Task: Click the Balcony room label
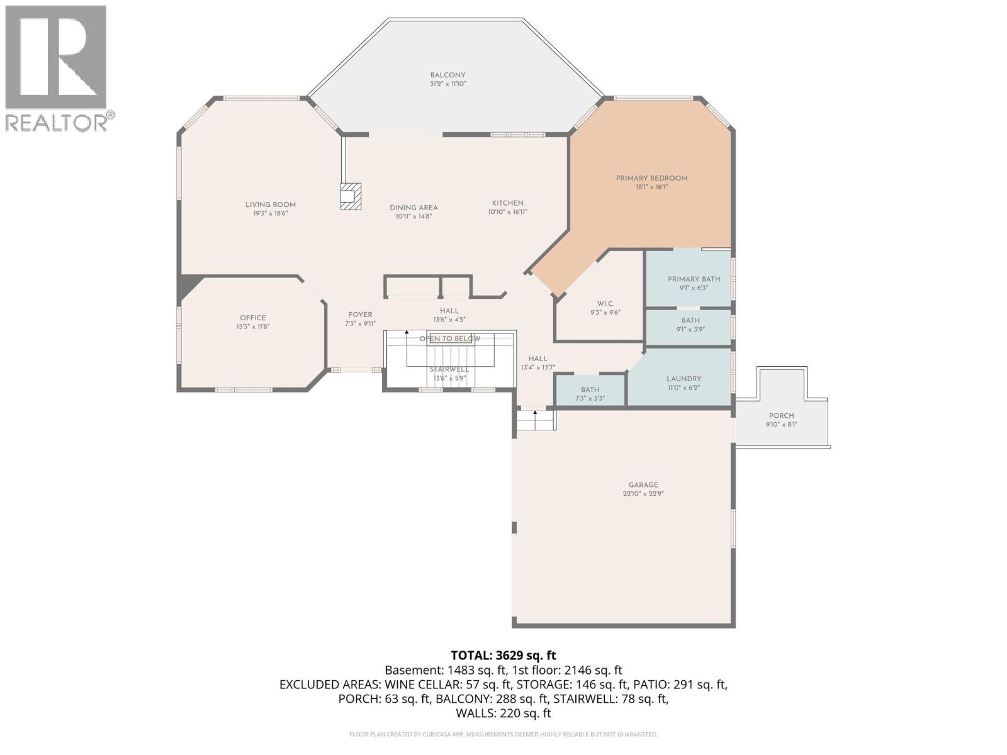pos(447,75)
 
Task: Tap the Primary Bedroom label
pos(651,178)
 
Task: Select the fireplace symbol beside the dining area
pos(351,196)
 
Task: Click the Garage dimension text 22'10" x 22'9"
pos(643,494)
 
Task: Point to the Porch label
pos(781,415)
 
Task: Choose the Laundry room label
pos(684,379)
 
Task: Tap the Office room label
pos(253,318)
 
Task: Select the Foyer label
pos(360,315)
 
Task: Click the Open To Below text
pos(449,338)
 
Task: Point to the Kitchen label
pos(507,203)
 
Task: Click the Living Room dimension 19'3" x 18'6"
pos(271,213)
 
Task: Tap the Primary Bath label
pos(694,279)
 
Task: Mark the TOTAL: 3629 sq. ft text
pos(503,656)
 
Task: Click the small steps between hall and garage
pos(536,420)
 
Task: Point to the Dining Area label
pos(413,208)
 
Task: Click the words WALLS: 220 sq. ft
pos(503,713)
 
